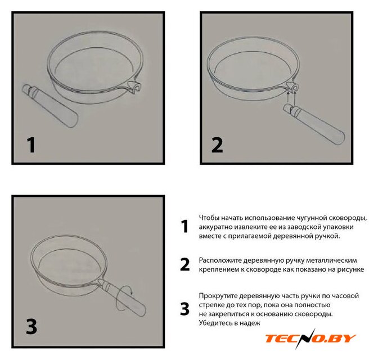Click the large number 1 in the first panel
pyautogui.click(x=31, y=145)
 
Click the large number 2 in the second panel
pyautogui.click(x=217, y=145)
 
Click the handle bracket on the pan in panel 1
pyautogui.click(x=134, y=87)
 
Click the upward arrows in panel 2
pyautogui.click(x=291, y=98)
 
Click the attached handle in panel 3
pyautogui.click(x=122, y=298)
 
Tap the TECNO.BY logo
pyautogui.click(x=310, y=338)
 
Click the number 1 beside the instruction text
pyautogui.click(x=184, y=226)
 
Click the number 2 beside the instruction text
pyautogui.click(x=185, y=264)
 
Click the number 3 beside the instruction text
pyautogui.click(x=184, y=309)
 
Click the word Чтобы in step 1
pyautogui.click(x=209, y=218)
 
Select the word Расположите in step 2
pyautogui.click(x=220, y=260)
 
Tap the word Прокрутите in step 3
pyautogui.click(x=218, y=296)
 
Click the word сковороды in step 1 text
pyautogui.click(x=348, y=218)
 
